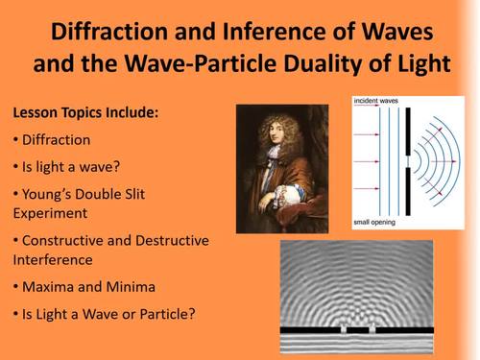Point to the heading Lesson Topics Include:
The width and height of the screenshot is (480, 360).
(85, 113)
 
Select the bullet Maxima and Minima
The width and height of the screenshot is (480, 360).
(85, 286)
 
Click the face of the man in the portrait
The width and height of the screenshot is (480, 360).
(275, 134)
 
